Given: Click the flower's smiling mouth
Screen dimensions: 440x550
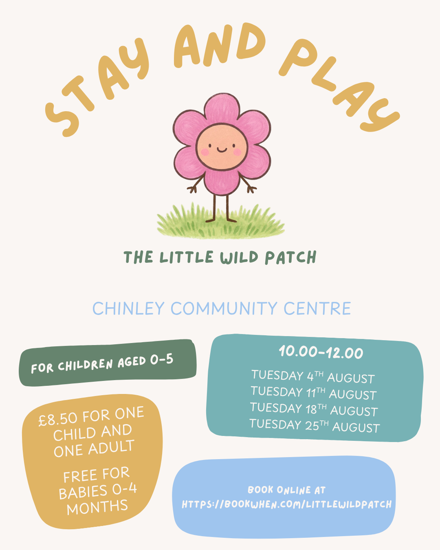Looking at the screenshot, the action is coord(222,150).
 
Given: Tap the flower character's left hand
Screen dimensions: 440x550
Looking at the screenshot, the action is coord(192,189).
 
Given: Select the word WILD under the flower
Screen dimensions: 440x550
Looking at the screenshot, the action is coord(239,257).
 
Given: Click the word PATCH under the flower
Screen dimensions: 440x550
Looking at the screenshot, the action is coord(290,257).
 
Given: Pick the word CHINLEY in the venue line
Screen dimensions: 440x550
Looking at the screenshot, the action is coord(128,308).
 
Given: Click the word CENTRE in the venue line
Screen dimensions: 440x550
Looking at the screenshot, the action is coord(317,308).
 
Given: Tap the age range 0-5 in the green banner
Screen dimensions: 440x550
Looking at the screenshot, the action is coord(162,360).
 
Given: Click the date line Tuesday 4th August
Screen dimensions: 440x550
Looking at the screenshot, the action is coord(313,376).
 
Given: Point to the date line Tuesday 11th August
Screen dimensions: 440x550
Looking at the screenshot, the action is coord(314,393).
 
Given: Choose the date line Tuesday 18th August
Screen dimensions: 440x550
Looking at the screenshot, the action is coord(314,409).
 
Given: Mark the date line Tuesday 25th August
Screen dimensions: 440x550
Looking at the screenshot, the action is coord(315,425).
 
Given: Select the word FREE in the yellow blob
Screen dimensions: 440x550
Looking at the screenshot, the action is coord(80,476).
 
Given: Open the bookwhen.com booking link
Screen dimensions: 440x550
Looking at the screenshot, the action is coord(286,504).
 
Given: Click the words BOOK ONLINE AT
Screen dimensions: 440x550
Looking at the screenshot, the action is coord(286,490).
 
